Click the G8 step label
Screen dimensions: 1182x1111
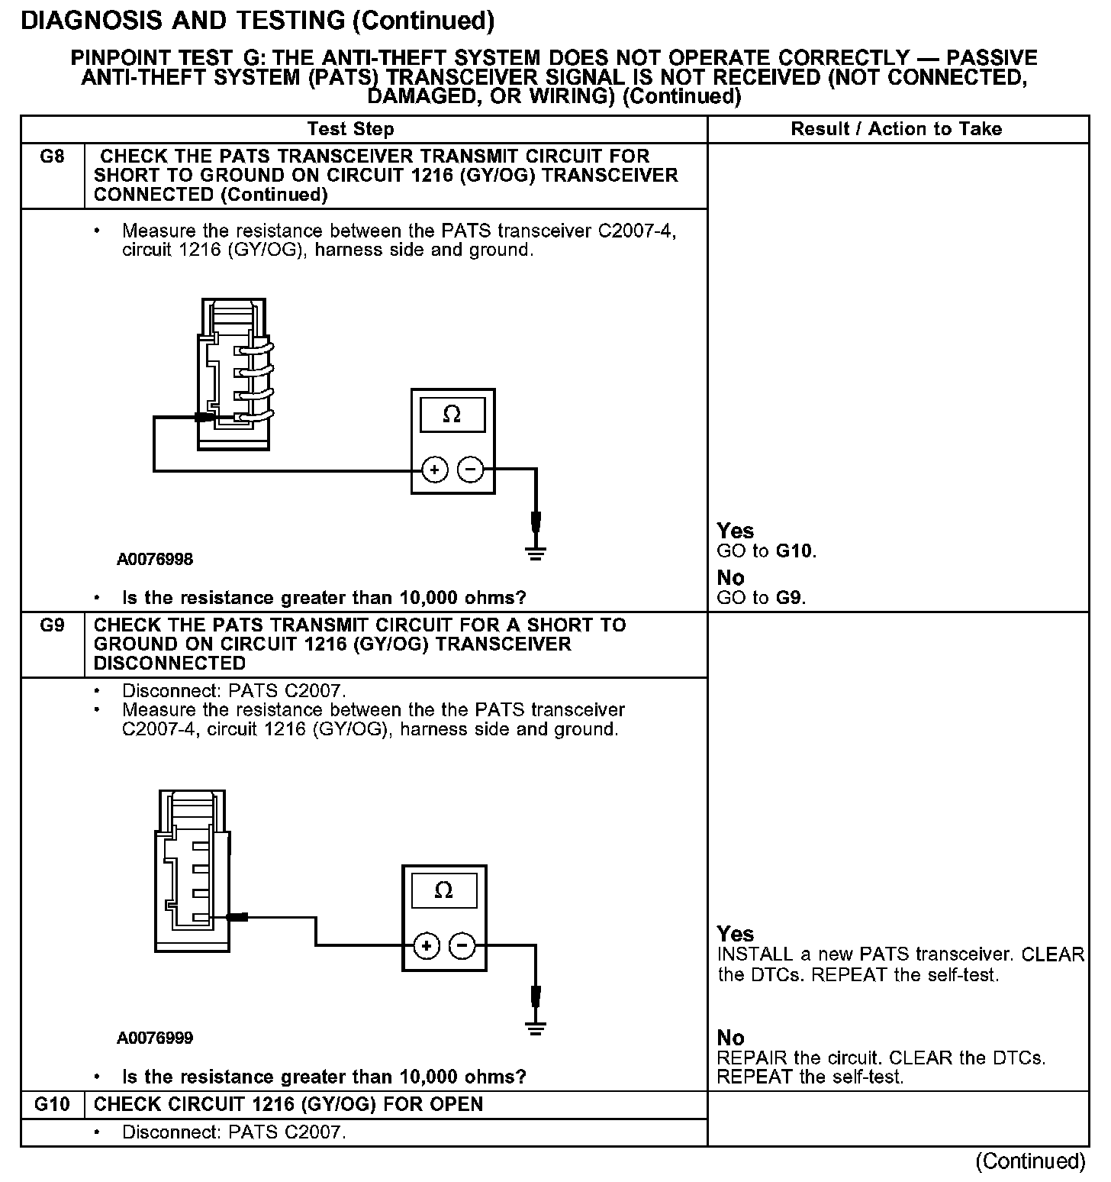point(51,157)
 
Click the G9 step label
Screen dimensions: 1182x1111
point(51,625)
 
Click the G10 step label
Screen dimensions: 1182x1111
point(52,1104)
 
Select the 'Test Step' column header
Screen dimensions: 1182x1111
point(350,129)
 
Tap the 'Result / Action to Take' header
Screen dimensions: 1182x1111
point(896,129)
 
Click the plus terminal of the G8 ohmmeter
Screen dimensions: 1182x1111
point(435,470)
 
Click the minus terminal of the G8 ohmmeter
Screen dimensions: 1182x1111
point(470,470)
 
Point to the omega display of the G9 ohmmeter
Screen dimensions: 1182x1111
point(443,891)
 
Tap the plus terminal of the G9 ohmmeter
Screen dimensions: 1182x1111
point(427,947)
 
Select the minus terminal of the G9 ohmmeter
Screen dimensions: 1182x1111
point(462,947)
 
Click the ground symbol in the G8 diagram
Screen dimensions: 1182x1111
point(536,551)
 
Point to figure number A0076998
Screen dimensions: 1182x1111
point(155,560)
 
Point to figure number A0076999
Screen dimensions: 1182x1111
point(155,1038)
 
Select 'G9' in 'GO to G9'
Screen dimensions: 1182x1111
point(790,598)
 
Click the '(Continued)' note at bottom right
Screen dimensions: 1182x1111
point(1030,1161)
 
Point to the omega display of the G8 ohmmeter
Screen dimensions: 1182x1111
point(452,415)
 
